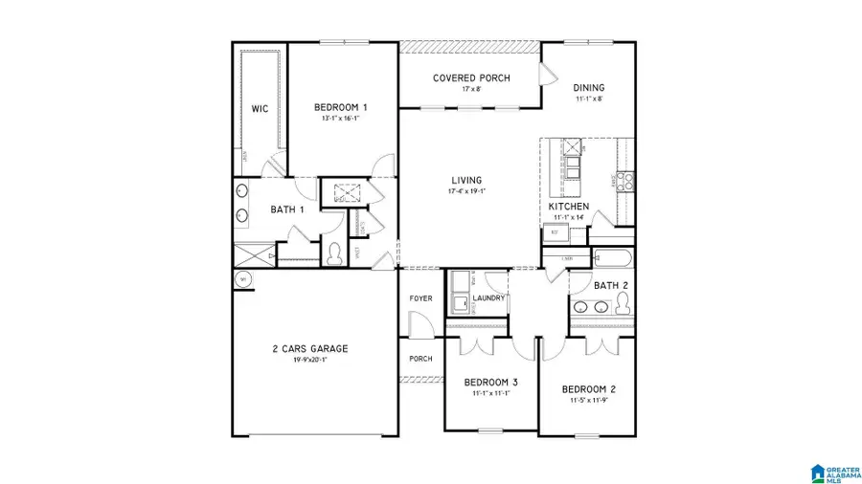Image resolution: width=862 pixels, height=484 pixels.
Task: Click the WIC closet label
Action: coord(260,109)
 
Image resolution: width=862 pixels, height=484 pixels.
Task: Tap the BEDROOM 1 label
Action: coord(341,107)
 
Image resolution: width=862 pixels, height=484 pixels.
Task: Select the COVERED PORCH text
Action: coord(471,78)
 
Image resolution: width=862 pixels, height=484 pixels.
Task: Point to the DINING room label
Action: coord(589,87)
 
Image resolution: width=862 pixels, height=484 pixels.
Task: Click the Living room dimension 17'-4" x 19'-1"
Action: coord(467,191)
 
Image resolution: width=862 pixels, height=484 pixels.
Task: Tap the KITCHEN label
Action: coord(568,207)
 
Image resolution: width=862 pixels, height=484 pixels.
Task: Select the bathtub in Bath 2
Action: coord(611,258)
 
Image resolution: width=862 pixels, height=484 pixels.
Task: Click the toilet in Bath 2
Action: coord(623,303)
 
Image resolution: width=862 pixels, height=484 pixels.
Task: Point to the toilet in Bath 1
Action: coord(334,254)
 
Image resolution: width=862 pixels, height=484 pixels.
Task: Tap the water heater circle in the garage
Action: coord(242,279)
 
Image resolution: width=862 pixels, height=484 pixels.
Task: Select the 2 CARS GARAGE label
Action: coord(308,348)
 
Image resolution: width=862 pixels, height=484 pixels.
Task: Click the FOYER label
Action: coord(420,298)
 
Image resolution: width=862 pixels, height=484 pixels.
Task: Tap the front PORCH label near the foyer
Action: coord(420,359)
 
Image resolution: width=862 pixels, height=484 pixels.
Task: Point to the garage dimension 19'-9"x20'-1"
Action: coord(308,361)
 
